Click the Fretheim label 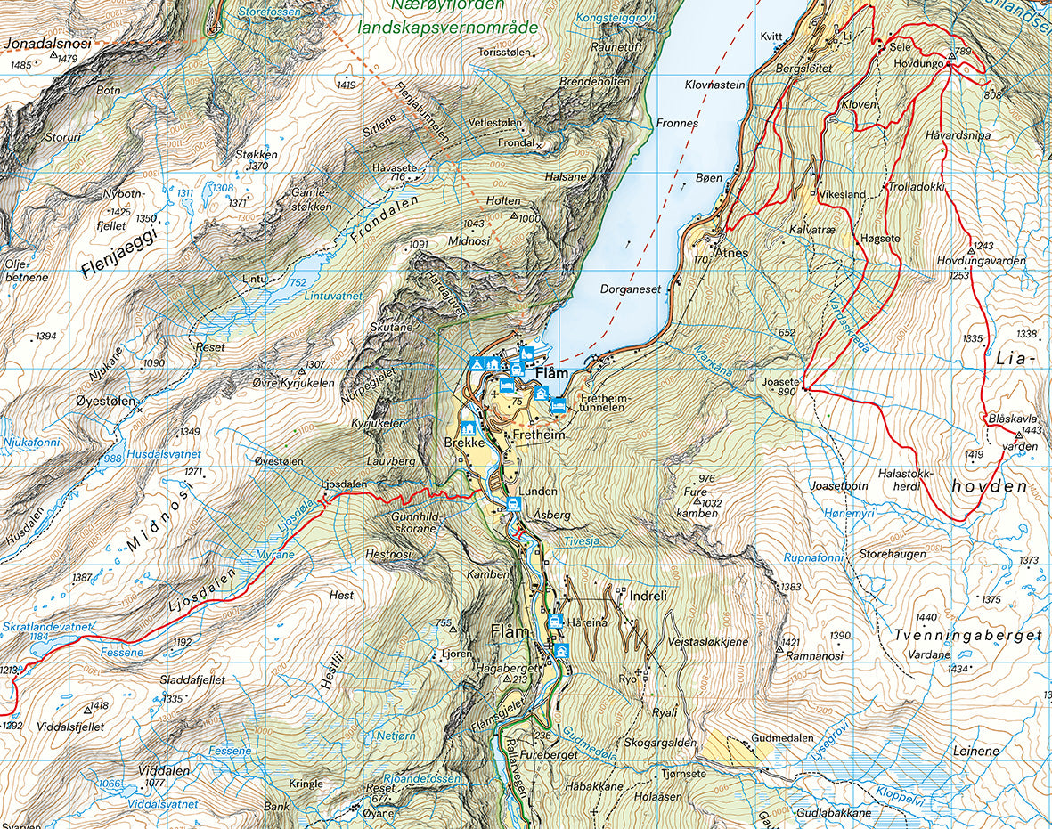[x=539, y=435]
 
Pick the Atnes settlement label [x=730, y=252]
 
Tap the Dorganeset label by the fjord [x=630, y=289]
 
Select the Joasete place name [x=780, y=380]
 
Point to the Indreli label [x=648, y=594]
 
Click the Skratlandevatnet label [x=46, y=627]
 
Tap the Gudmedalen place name [x=782, y=738]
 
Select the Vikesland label [x=842, y=193]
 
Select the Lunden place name [x=540, y=492]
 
